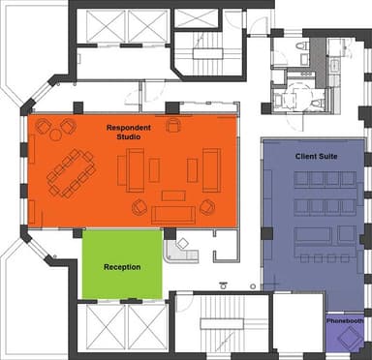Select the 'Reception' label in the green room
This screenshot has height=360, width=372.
(121, 267)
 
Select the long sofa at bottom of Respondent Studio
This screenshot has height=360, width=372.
(173, 215)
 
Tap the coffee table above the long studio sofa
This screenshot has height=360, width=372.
(173, 195)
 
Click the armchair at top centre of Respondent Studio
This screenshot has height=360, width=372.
(173, 125)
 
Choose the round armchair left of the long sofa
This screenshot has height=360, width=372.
(139, 206)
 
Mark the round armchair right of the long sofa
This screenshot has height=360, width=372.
(206, 206)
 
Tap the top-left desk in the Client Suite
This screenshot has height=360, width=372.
(302, 179)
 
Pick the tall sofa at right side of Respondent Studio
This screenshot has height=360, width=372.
(212, 169)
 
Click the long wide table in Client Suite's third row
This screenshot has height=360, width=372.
(312, 234)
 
